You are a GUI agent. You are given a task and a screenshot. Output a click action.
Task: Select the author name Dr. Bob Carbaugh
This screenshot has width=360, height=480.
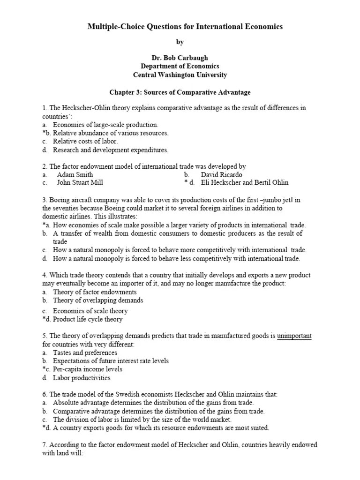(180, 58)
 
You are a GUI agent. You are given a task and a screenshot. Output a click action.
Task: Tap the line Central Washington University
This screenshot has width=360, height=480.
(180, 75)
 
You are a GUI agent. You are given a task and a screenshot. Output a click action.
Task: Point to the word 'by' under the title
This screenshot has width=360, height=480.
(180, 42)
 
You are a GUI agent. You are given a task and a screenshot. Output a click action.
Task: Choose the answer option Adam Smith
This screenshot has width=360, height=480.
(75, 174)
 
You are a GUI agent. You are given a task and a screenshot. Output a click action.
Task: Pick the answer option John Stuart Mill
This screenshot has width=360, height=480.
(80, 182)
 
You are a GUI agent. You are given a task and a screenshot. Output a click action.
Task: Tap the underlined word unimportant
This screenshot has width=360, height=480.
(294, 336)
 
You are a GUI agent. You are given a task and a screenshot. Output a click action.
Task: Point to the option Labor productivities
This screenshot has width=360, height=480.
(82, 378)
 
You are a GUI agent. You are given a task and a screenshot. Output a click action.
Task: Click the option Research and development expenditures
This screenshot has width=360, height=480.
(110, 150)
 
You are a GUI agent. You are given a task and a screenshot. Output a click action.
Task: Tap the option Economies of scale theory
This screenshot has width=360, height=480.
(90, 311)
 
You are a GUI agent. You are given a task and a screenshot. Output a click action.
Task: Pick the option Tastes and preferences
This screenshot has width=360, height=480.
(85, 352)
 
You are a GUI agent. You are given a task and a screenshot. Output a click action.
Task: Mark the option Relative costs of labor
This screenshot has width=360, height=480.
(85, 141)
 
